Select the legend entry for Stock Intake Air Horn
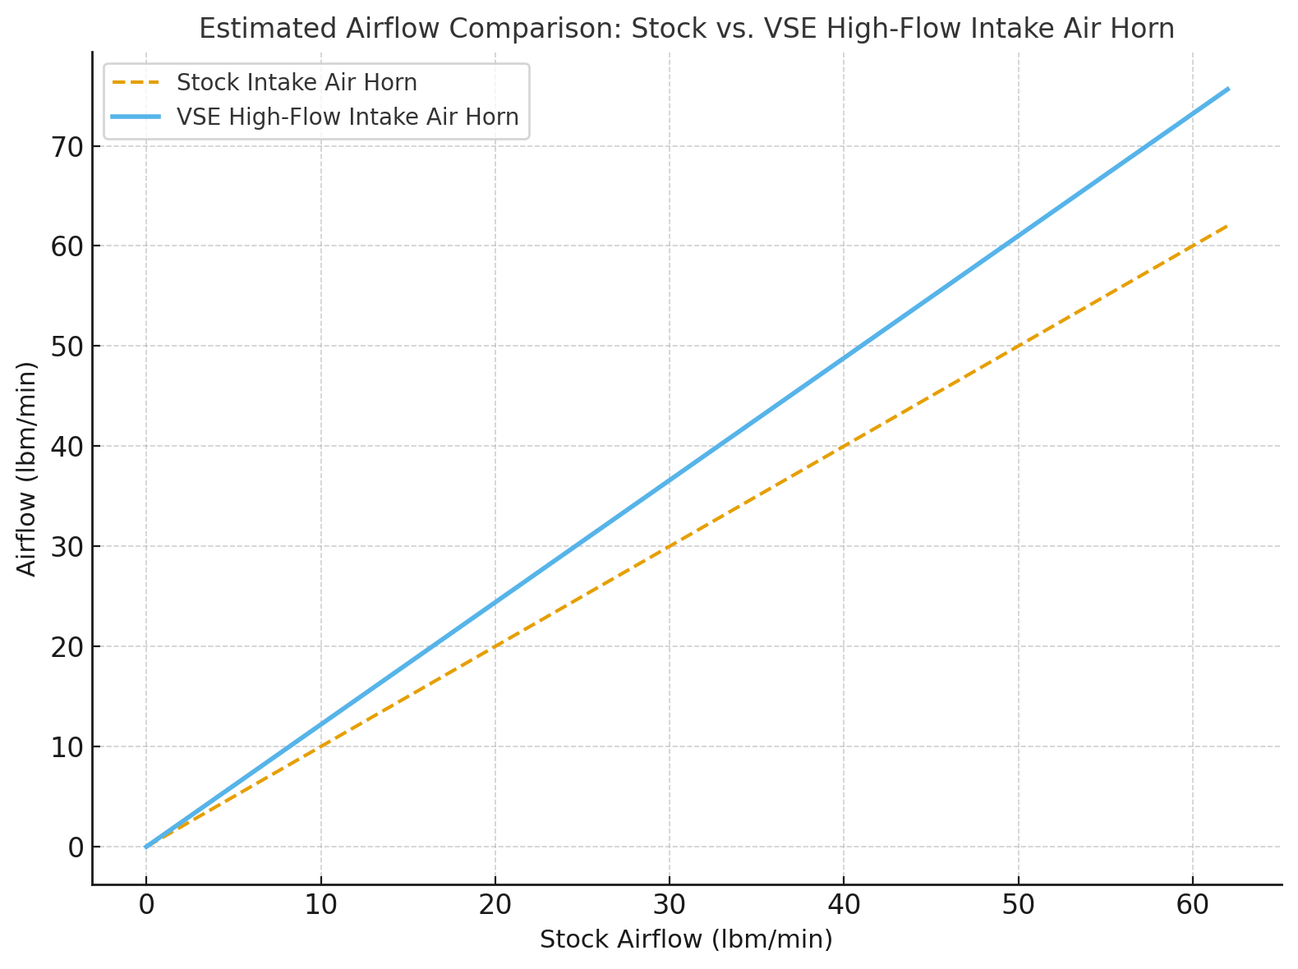point(297,83)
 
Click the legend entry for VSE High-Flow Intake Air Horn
point(348,117)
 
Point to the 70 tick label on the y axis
point(67,147)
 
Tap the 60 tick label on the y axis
point(67,246)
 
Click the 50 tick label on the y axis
point(67,347)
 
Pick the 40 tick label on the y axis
point(67,447)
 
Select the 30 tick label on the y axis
point(67,547)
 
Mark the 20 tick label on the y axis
point(67,647)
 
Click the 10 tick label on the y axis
point(67,747)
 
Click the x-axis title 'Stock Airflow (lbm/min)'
point(686,939)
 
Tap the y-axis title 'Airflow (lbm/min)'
point(28,468)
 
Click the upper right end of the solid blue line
point(1227,89)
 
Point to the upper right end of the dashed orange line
point(1227,226)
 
